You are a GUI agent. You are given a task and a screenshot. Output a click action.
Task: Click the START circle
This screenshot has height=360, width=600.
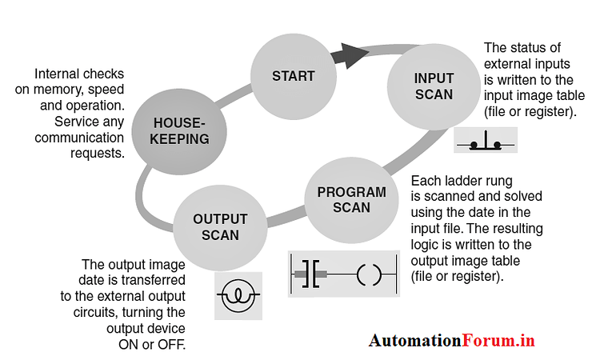[294, 77]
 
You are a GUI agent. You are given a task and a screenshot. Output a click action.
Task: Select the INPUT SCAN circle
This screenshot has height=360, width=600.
[434, 86]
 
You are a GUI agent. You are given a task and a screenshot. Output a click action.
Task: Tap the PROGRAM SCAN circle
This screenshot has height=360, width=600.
[351, 200]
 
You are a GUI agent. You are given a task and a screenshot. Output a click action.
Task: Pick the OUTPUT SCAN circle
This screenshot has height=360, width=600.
[220, 226]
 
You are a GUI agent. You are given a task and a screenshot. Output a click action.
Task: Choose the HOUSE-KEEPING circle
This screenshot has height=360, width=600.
[181, 130]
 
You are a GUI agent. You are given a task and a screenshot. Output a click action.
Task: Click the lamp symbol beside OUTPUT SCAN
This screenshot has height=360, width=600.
[238, 295]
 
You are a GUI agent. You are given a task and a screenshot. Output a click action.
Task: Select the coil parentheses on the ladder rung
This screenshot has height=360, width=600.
[370, 274]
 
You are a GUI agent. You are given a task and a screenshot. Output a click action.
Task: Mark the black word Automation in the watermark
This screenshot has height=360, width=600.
[414, 341]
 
